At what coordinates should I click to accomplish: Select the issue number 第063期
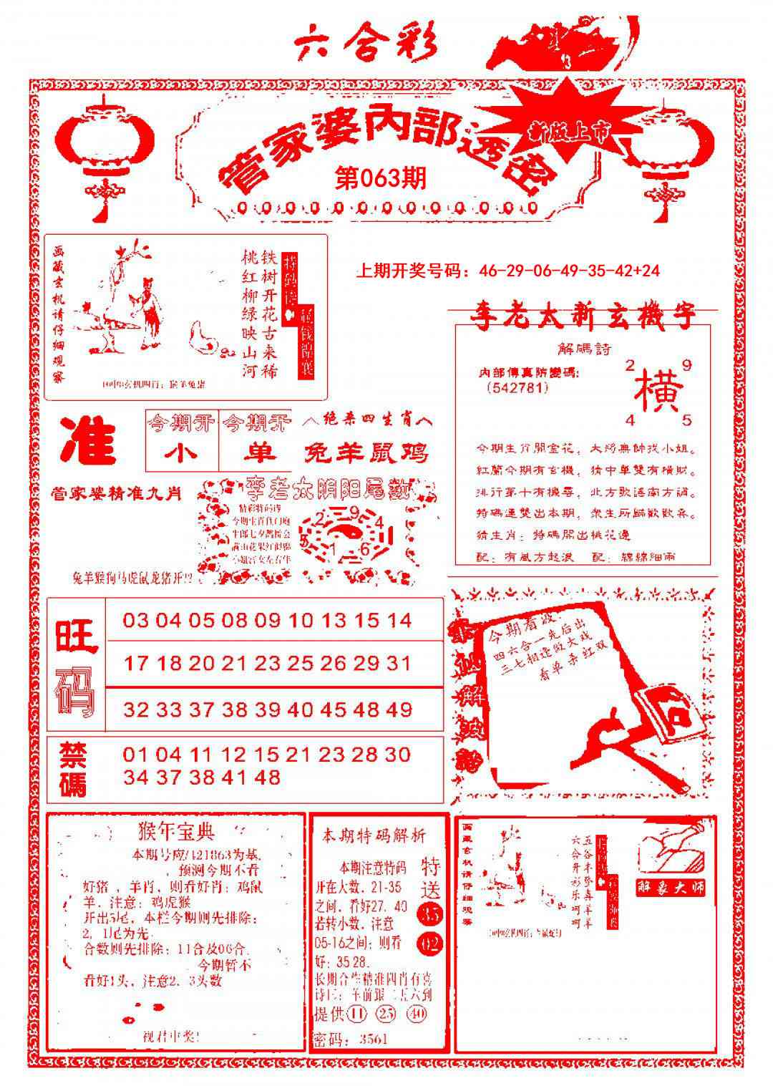(x=380, y=178)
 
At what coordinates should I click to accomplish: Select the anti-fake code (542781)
(x=516, y=387)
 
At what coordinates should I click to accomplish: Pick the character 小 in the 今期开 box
(x=181, y=452)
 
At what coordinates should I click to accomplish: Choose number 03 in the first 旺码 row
(x=136, y=620)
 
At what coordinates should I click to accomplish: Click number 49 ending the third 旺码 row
(x=398, y=709)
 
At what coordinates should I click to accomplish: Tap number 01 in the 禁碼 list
(x=136, y=754)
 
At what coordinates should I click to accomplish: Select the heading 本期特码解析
(x=374, y=835)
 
